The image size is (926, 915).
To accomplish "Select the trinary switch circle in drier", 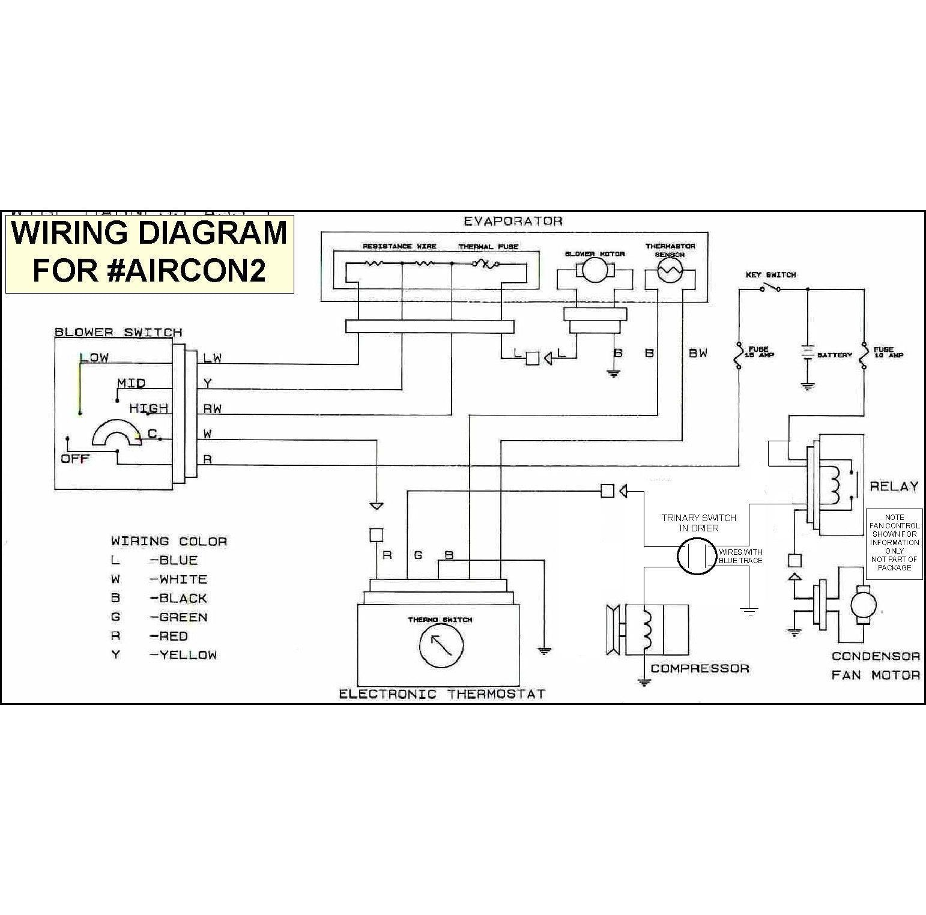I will coord(697,555).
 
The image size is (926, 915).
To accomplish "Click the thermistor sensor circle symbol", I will coord(670,273).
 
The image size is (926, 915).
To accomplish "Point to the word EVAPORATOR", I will coord(513,221).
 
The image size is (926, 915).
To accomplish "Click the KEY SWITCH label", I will coord(770,274).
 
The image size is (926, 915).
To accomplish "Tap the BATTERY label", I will coord(834,355).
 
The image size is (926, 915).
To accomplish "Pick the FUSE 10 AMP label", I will coord(888,352).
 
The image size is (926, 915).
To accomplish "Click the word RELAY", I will coord(894,486).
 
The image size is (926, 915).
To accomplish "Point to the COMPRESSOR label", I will coord(700,668).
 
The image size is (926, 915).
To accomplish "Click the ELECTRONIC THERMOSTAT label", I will coord(442,694).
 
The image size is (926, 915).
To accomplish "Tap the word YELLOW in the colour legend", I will coord(187,655).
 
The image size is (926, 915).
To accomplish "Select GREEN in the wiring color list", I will coord(183,617).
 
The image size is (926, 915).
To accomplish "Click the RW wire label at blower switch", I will coord(212,409).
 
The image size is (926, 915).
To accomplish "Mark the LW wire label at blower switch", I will coord(212,358).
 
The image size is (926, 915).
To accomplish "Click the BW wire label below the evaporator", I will coord(698,353).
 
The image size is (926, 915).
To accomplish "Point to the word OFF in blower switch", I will coord(75,459).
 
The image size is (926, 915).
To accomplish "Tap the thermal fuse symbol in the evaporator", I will coord(483,263).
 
